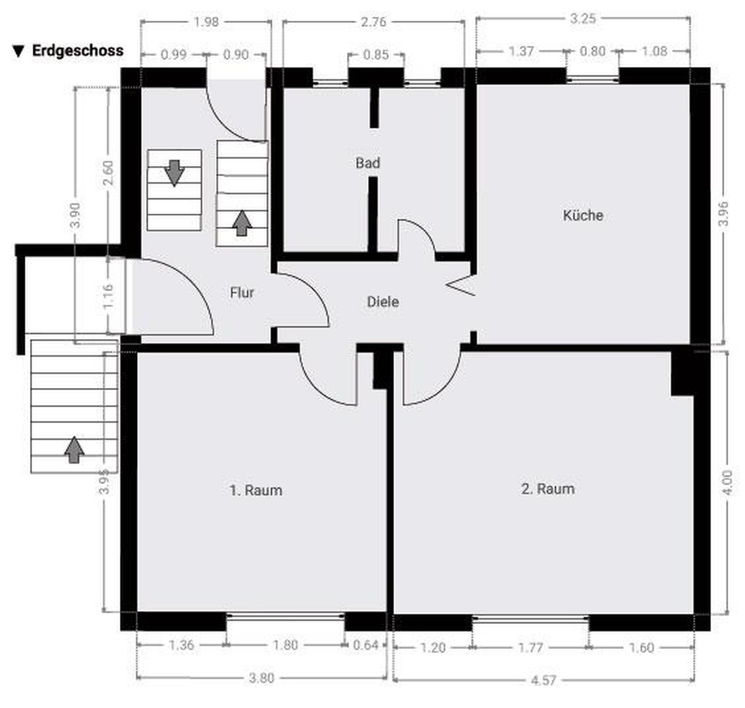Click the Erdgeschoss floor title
pos(77,51)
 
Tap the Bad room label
pos(368,163)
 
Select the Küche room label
pos(583,215)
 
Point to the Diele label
pos(383,302)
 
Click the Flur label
pos(242,292)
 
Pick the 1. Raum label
pos(256,490)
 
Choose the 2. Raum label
pos(548,488)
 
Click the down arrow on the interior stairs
pos(174,172)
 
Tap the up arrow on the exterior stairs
pos(74,450)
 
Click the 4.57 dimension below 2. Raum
pos(543,680)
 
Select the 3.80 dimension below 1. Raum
pos(261,678)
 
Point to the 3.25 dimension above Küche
pos(582,18)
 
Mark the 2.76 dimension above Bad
pos(373,22)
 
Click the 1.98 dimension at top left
pos(206,22)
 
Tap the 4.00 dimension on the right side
pos(727,482)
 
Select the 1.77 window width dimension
pos(531,647)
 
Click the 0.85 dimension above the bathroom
pos(376,54)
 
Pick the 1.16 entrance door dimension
pos(108,296)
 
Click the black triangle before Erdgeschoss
pos(18,51)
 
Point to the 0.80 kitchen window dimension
pos(592,51)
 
